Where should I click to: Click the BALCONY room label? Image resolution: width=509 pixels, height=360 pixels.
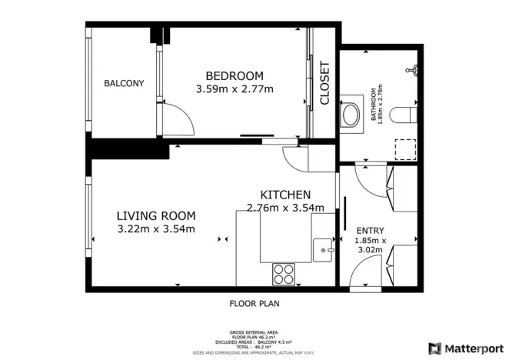[x=124, y=83]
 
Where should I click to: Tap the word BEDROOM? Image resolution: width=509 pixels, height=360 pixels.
[x=234, y=75]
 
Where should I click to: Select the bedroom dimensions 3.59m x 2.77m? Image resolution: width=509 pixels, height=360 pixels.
[x=235, y=89]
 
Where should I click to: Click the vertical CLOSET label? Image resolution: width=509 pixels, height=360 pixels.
[x=324, y=84]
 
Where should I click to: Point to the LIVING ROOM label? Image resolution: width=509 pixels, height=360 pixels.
[x=156, y=215]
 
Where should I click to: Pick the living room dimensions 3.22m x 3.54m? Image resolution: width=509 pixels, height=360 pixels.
[x=156, y=229]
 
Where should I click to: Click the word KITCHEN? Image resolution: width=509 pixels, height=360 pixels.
[x=285, y=195]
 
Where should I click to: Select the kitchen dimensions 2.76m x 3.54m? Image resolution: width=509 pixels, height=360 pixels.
[x=285, y=207]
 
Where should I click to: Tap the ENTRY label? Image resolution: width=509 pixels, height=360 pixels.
[x=369, y=230]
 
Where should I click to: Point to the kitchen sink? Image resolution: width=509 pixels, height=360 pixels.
[x=322, y=248]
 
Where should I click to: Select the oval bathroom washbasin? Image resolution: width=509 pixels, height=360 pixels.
[x=351, y=115]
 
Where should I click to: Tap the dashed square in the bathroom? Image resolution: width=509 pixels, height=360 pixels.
[x=404, y=148]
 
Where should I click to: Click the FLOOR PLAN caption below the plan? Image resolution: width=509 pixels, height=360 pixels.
[x=254, y=303]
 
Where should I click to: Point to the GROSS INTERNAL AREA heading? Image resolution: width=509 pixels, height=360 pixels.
[x=254, y=333]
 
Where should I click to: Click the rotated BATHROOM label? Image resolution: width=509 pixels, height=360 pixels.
[x=377, y=105]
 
